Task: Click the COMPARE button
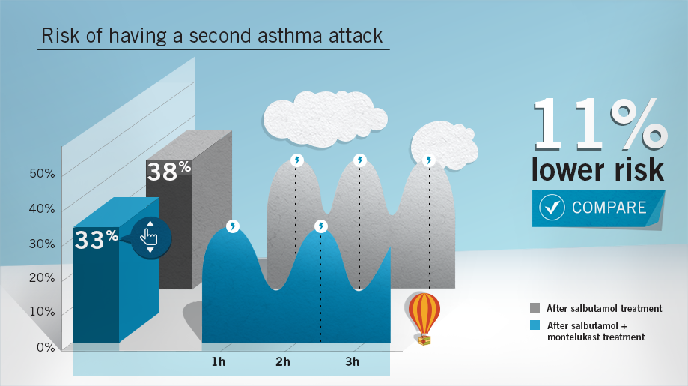[x=598, y=208]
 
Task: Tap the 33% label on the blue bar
[x=97, y=239]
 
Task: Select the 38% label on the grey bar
[x=169, y=171]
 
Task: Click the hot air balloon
[x=424, y=319]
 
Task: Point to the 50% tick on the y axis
[x=42, y=173]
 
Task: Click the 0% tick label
[x=46, y=347]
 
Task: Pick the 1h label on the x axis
[x=218, y=361]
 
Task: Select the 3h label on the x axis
[x=352, y=361]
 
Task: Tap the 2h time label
[x=283, y=361]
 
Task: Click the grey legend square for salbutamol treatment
[x=535, y=307]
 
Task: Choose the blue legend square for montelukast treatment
[x=535, y=325]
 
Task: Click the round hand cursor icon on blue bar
[x=150, y=238]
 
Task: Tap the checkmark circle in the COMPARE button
[x=552, y=207]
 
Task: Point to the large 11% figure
[x=600, y=124]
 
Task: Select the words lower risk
[x=597, y=169]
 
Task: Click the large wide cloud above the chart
[x=325, y=118]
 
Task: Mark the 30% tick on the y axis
[x=42, y=244]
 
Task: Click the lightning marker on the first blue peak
[x=233, y=226]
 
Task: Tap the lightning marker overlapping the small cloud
[x=429, y=160]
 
